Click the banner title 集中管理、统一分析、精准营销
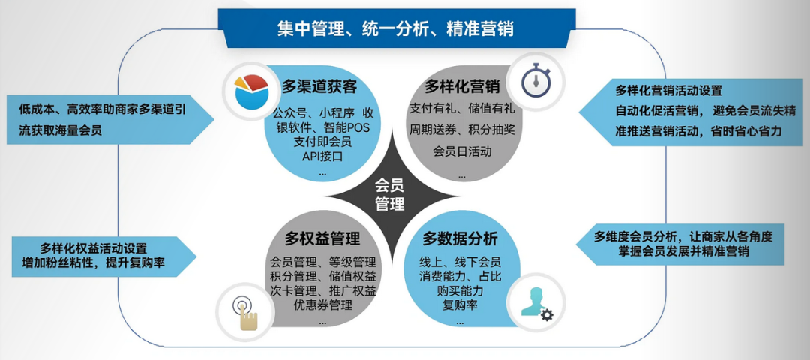(x=395, y=28)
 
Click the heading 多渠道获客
(x=319, y=86)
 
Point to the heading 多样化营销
(x=462, y=87)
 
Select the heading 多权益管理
(x=322, y=239)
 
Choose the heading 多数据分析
(x=460, y=238)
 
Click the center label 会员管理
(x=389, y=193)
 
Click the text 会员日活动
(x=462, y=151)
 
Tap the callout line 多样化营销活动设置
(x=668, y=91)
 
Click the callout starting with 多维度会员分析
(x=682, y=244)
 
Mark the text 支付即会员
(x=322, y=142)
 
